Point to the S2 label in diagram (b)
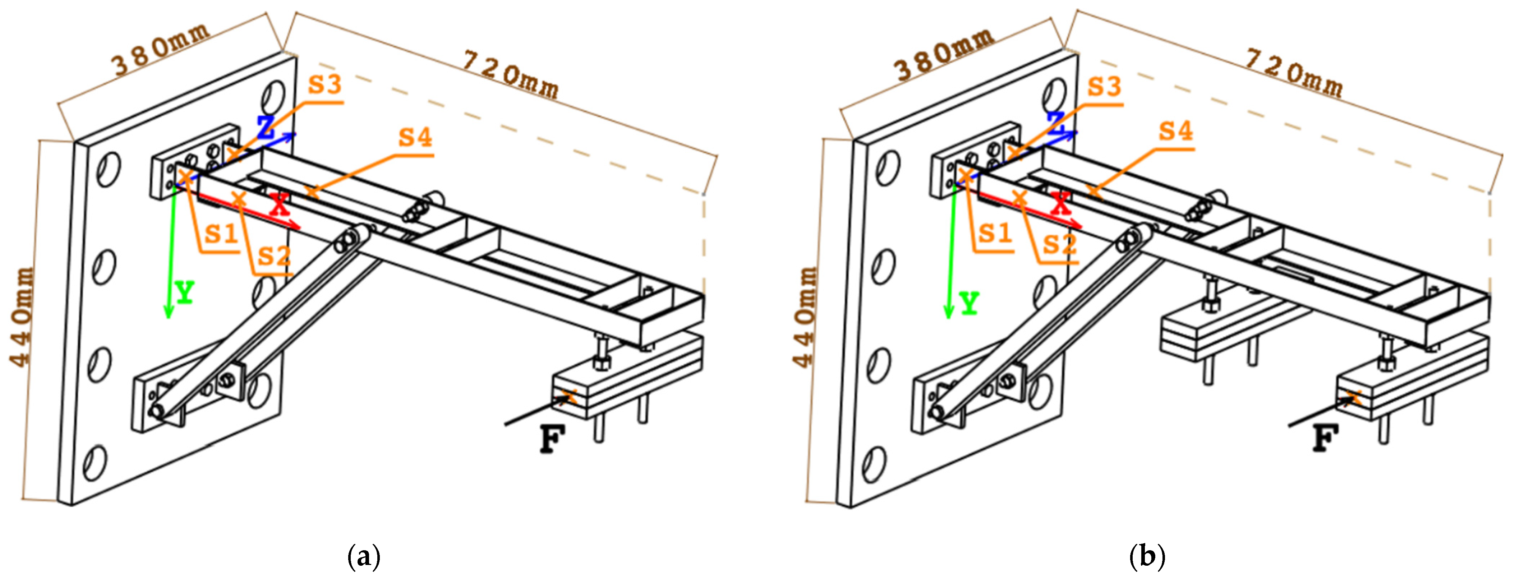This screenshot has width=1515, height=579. coord(1060,244)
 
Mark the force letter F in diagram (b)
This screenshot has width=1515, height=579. coord(1326,439)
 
